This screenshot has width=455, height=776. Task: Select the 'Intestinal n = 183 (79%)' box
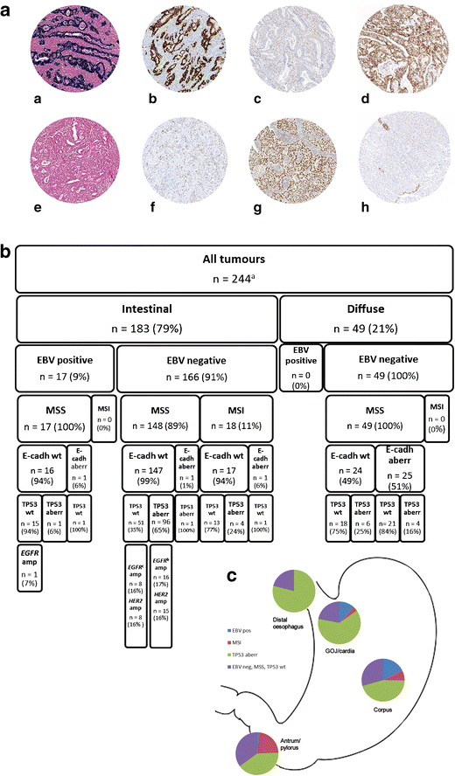tap(145, 319)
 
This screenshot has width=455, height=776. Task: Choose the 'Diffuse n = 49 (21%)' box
tap(365, 319)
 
